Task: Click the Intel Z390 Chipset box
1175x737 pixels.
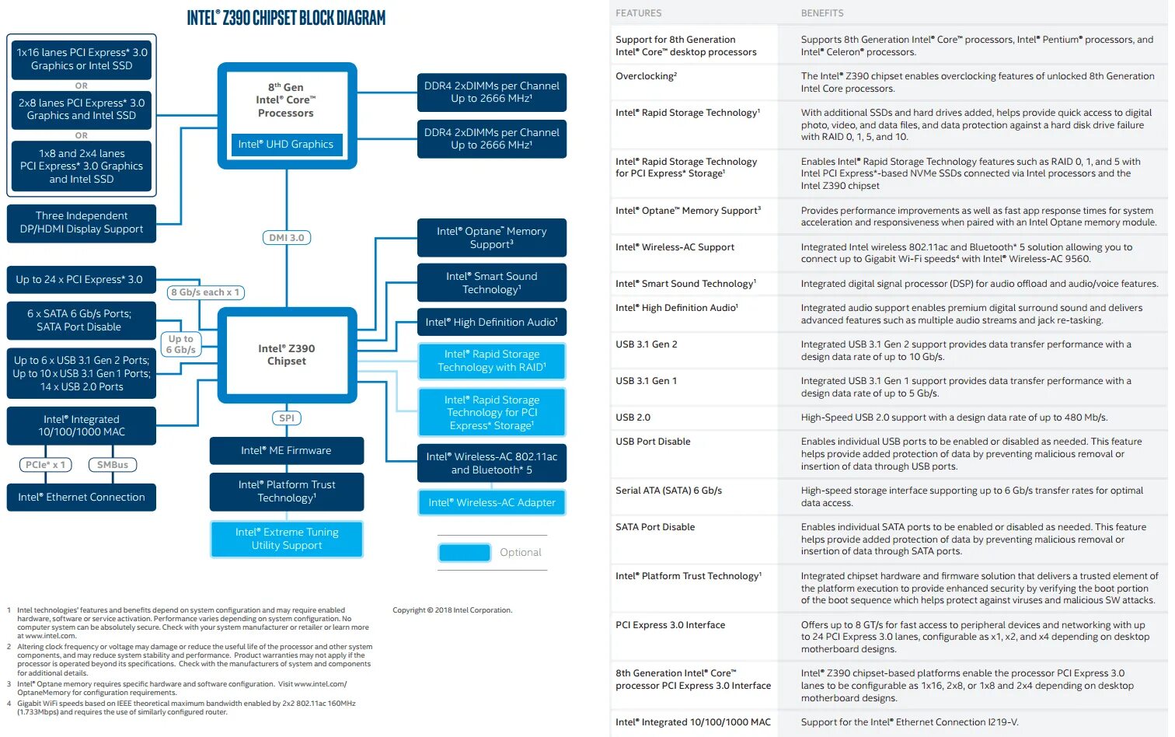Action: [287, 355]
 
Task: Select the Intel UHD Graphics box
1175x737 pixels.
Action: [286, 145]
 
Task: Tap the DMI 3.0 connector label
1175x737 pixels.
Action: [287, 238]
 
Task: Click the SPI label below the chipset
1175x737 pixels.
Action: [287, 418]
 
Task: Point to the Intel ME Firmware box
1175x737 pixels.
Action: [286, 451]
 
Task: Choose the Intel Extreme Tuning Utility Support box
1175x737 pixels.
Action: [286, 539]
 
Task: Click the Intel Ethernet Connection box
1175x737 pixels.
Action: [82, 498]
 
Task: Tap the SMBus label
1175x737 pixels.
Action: [113, 465]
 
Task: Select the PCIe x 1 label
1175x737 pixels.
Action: [46, 465]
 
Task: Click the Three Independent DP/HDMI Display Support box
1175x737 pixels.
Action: [82, 223]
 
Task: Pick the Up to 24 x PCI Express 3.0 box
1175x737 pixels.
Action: [79, 280]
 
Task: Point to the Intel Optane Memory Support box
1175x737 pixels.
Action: [491, 238]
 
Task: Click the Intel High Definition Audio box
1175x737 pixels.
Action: [491, 323]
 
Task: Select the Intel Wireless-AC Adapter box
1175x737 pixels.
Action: [491, 503]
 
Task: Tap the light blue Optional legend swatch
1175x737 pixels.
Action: [465, 553]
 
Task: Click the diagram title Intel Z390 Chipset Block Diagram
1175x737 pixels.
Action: [286, 18]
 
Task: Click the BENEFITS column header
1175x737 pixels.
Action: [822, 13]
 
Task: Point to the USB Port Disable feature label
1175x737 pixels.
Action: [653, 442]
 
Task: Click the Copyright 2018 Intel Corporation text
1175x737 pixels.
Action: [452, 610]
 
